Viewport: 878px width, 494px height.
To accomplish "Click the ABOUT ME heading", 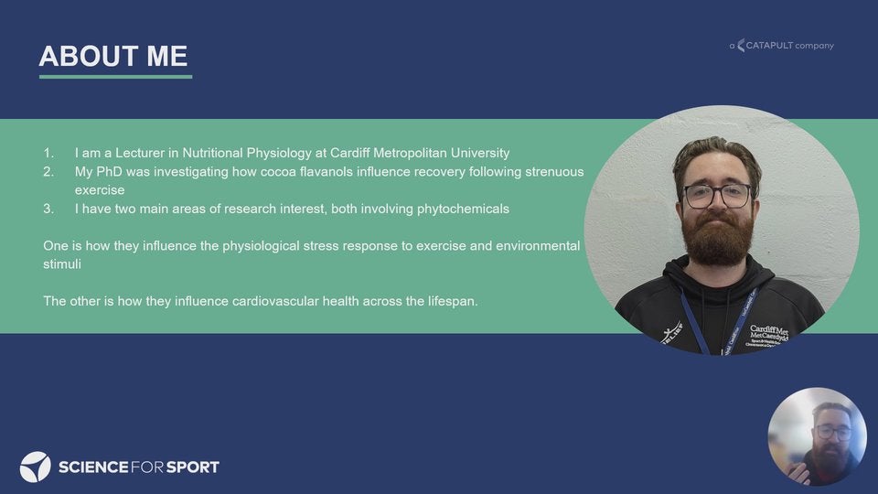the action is [113, 56].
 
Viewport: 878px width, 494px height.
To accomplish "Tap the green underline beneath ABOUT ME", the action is [115, 76].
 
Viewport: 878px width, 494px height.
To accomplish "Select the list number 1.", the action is [48, 153].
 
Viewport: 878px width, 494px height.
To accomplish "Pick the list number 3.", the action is [48, 209].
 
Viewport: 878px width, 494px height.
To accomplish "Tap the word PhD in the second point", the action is [109, 171].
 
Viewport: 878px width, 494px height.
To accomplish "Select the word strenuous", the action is [554, 171].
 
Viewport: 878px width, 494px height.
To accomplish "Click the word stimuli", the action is [62, 263].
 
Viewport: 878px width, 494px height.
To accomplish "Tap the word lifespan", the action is [453, 301].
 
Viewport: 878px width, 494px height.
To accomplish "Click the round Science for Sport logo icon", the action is [36, 467].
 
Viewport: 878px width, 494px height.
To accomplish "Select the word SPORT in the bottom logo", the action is [193, 467].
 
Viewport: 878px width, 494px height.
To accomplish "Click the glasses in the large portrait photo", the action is [717, 196].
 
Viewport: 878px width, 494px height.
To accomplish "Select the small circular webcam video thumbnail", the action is [817, 436].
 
